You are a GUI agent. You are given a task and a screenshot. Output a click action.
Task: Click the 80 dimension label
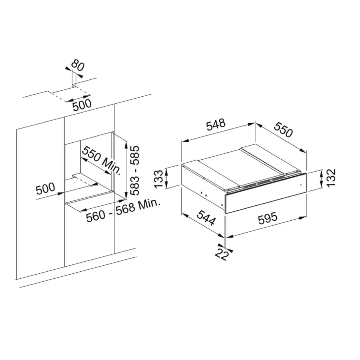[78, 65]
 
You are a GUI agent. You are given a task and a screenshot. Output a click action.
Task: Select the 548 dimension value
[216, 124]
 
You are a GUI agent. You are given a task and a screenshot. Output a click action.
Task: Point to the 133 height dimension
[158, 179]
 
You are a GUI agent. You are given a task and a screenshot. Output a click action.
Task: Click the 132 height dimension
[331, 178]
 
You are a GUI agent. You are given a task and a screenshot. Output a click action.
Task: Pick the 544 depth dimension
[206, 217]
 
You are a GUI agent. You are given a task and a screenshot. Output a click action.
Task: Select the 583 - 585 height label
[135, 170]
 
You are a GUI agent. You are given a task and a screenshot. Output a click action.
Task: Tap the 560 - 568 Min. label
[123, 211]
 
